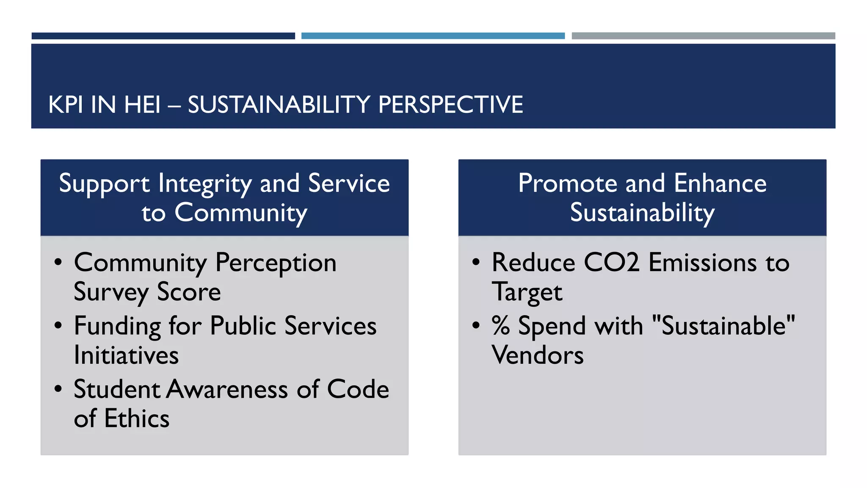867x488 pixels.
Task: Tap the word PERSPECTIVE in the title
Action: (450, 105)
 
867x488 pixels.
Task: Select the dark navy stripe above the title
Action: (163, 36)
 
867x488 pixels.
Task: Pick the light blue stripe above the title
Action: (433, 36)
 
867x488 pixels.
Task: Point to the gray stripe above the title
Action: (703, 36)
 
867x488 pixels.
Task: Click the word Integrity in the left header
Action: (205, 184)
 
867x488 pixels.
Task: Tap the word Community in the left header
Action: (240, 213)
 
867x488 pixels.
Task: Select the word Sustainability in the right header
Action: (642, 213)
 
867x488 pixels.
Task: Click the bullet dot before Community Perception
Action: (58, 263)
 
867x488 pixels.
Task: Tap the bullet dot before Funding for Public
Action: (58, 326)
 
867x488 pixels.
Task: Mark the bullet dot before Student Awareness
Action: (58, 389)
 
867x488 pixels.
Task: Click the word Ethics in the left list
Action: (136, 419)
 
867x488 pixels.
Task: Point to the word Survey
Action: (111, 292)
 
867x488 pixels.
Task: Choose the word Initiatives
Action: (126, 355)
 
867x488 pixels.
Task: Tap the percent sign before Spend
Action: (500, 326)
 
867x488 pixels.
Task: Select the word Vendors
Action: (537, 355)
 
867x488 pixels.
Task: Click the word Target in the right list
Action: (527, 292)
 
